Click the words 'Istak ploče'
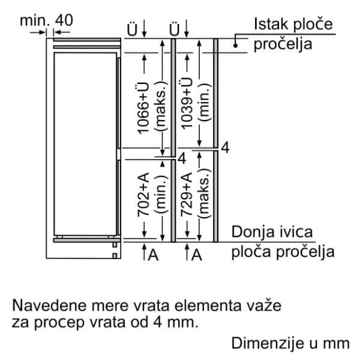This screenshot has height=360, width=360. [293, 25]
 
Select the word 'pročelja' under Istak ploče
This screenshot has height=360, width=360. [283, 44]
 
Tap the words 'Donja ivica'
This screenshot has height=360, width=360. [272, 232]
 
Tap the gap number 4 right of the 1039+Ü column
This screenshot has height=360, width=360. [224, 147]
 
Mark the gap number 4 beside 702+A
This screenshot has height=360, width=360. [181, 158]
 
